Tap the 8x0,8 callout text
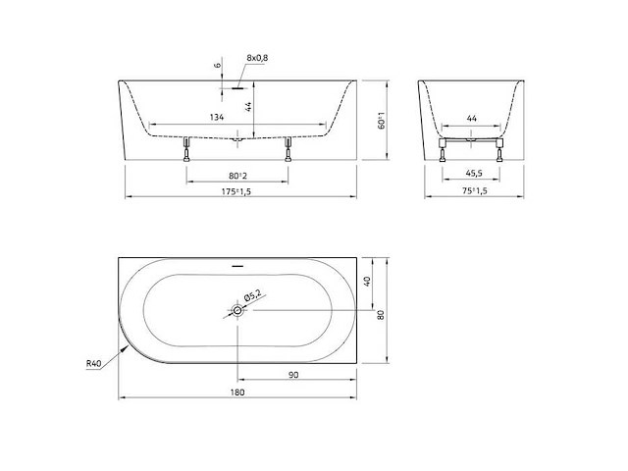point(257,58)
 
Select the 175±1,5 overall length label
point(236,191)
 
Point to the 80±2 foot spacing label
point(237,176)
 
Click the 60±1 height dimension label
point(382,120)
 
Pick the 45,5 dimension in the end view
point(474,173)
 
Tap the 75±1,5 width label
point(475,191)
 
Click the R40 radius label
point(94,364)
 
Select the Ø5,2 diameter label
point(252,296)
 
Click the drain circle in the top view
point(237,310)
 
